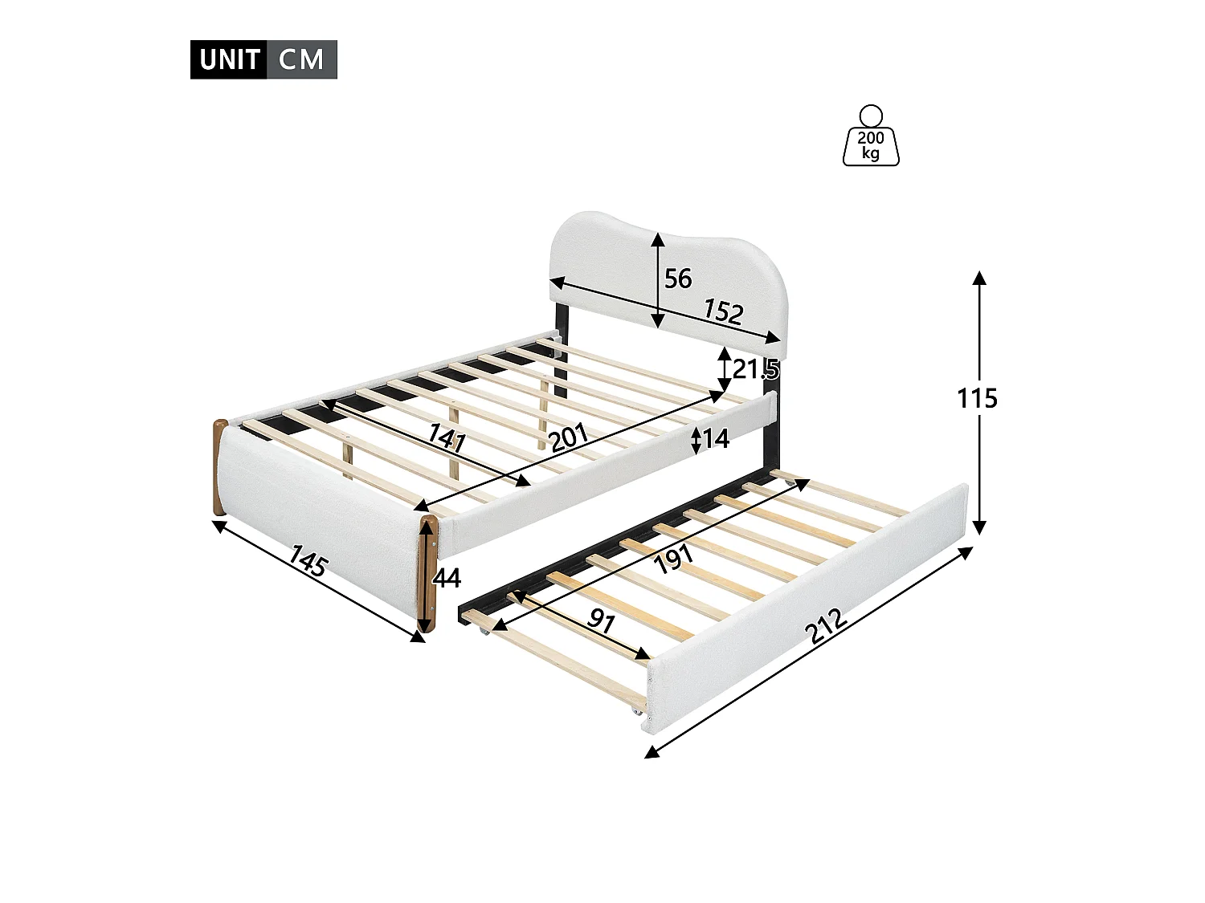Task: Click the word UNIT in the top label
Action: pos(229,60)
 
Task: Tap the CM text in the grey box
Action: pos(301,60)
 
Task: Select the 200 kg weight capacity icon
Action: pos(871,137)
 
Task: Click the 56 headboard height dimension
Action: pos(678,279)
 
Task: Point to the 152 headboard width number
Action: pos(723,311)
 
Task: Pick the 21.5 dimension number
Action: pos(755,370)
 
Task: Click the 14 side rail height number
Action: pos(715,438)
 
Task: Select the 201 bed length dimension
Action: pos(569,438)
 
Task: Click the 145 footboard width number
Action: pos(308,561)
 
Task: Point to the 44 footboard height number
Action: pos(447,578)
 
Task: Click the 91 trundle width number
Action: pos(602,620)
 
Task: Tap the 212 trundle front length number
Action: pos(827,627)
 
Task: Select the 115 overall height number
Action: pos(977,398)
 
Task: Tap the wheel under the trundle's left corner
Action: pos(485,633)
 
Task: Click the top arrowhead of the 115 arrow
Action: pos(979,278)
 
